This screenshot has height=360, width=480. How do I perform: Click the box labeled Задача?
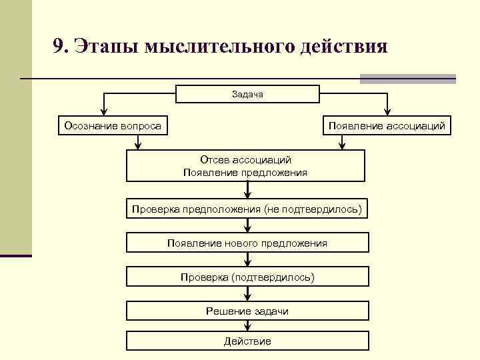[x=247, y=94]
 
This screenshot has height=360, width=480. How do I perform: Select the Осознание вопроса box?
[x=113, y=125]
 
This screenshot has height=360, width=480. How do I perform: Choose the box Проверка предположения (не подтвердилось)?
[x=247, y=209]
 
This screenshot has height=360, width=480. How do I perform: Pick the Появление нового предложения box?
[x=247, y=243]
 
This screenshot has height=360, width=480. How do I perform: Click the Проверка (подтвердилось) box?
[x=247, y=277]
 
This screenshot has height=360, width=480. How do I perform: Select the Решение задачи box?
[x=247, y=311]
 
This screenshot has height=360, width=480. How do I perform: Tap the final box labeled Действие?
[x=247, y=341]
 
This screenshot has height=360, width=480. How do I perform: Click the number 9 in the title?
[x=59, y=47]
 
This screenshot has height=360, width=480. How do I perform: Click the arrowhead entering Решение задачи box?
[x=247, y=297]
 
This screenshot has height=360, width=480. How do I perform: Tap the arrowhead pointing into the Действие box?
[x=247, y=328]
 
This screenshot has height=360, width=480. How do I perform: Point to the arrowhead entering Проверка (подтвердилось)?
[x=247, y=263]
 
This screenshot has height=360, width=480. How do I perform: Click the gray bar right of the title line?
[x=407, y=79]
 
